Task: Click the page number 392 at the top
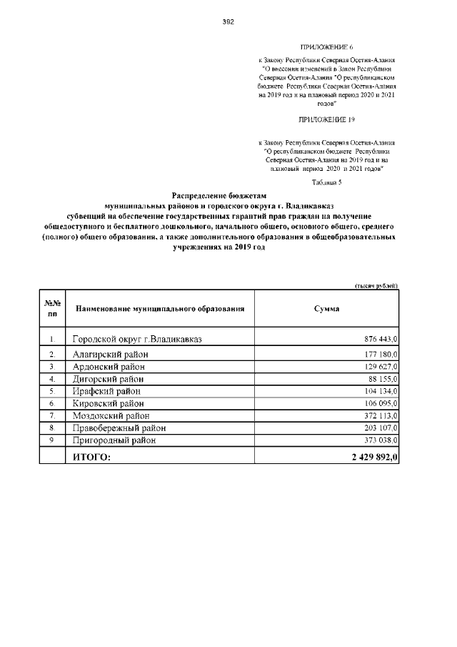(228, 21)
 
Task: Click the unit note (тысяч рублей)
(376, 285)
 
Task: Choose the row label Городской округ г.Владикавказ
(137, 339)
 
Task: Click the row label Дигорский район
(108, 379)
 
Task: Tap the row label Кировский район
(109, 404)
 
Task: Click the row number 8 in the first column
(52, 428)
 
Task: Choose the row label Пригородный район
(116, 441)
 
